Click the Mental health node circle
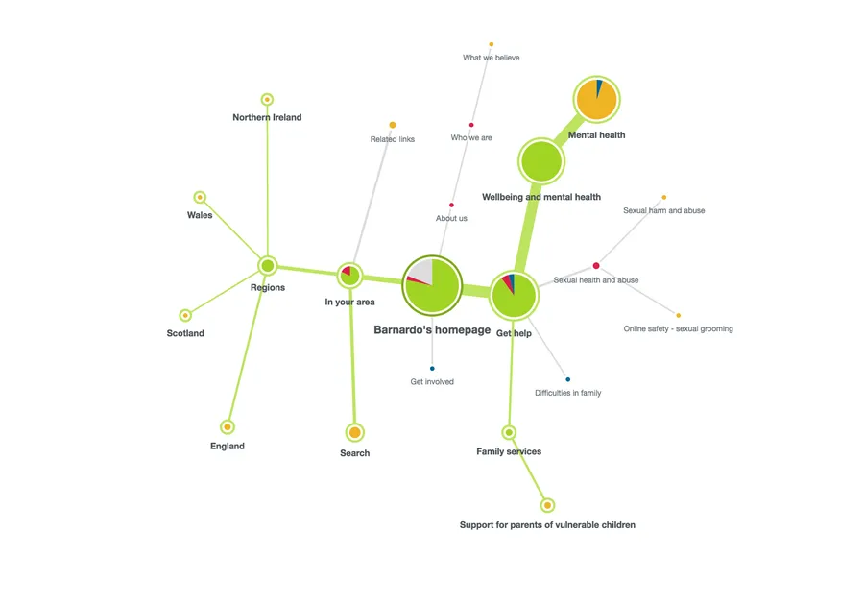[596, 100]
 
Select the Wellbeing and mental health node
[541, 161]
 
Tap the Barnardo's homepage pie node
[432, 285]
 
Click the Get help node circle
[514, 295]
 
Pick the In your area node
[349, 276]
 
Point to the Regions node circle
[268, 265]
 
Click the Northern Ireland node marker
[267, 99]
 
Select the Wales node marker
[200, 197]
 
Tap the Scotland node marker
[185, 315]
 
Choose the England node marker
[228, 426]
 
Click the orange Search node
[354, 432]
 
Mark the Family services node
[509, 432]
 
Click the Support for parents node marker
[547, 505]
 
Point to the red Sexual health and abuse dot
[596, 265]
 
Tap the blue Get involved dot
[432, 369]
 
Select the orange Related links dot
[393, 125]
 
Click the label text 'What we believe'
[491, 58]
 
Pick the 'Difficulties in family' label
[567, 393]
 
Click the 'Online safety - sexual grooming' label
[678, 328]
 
